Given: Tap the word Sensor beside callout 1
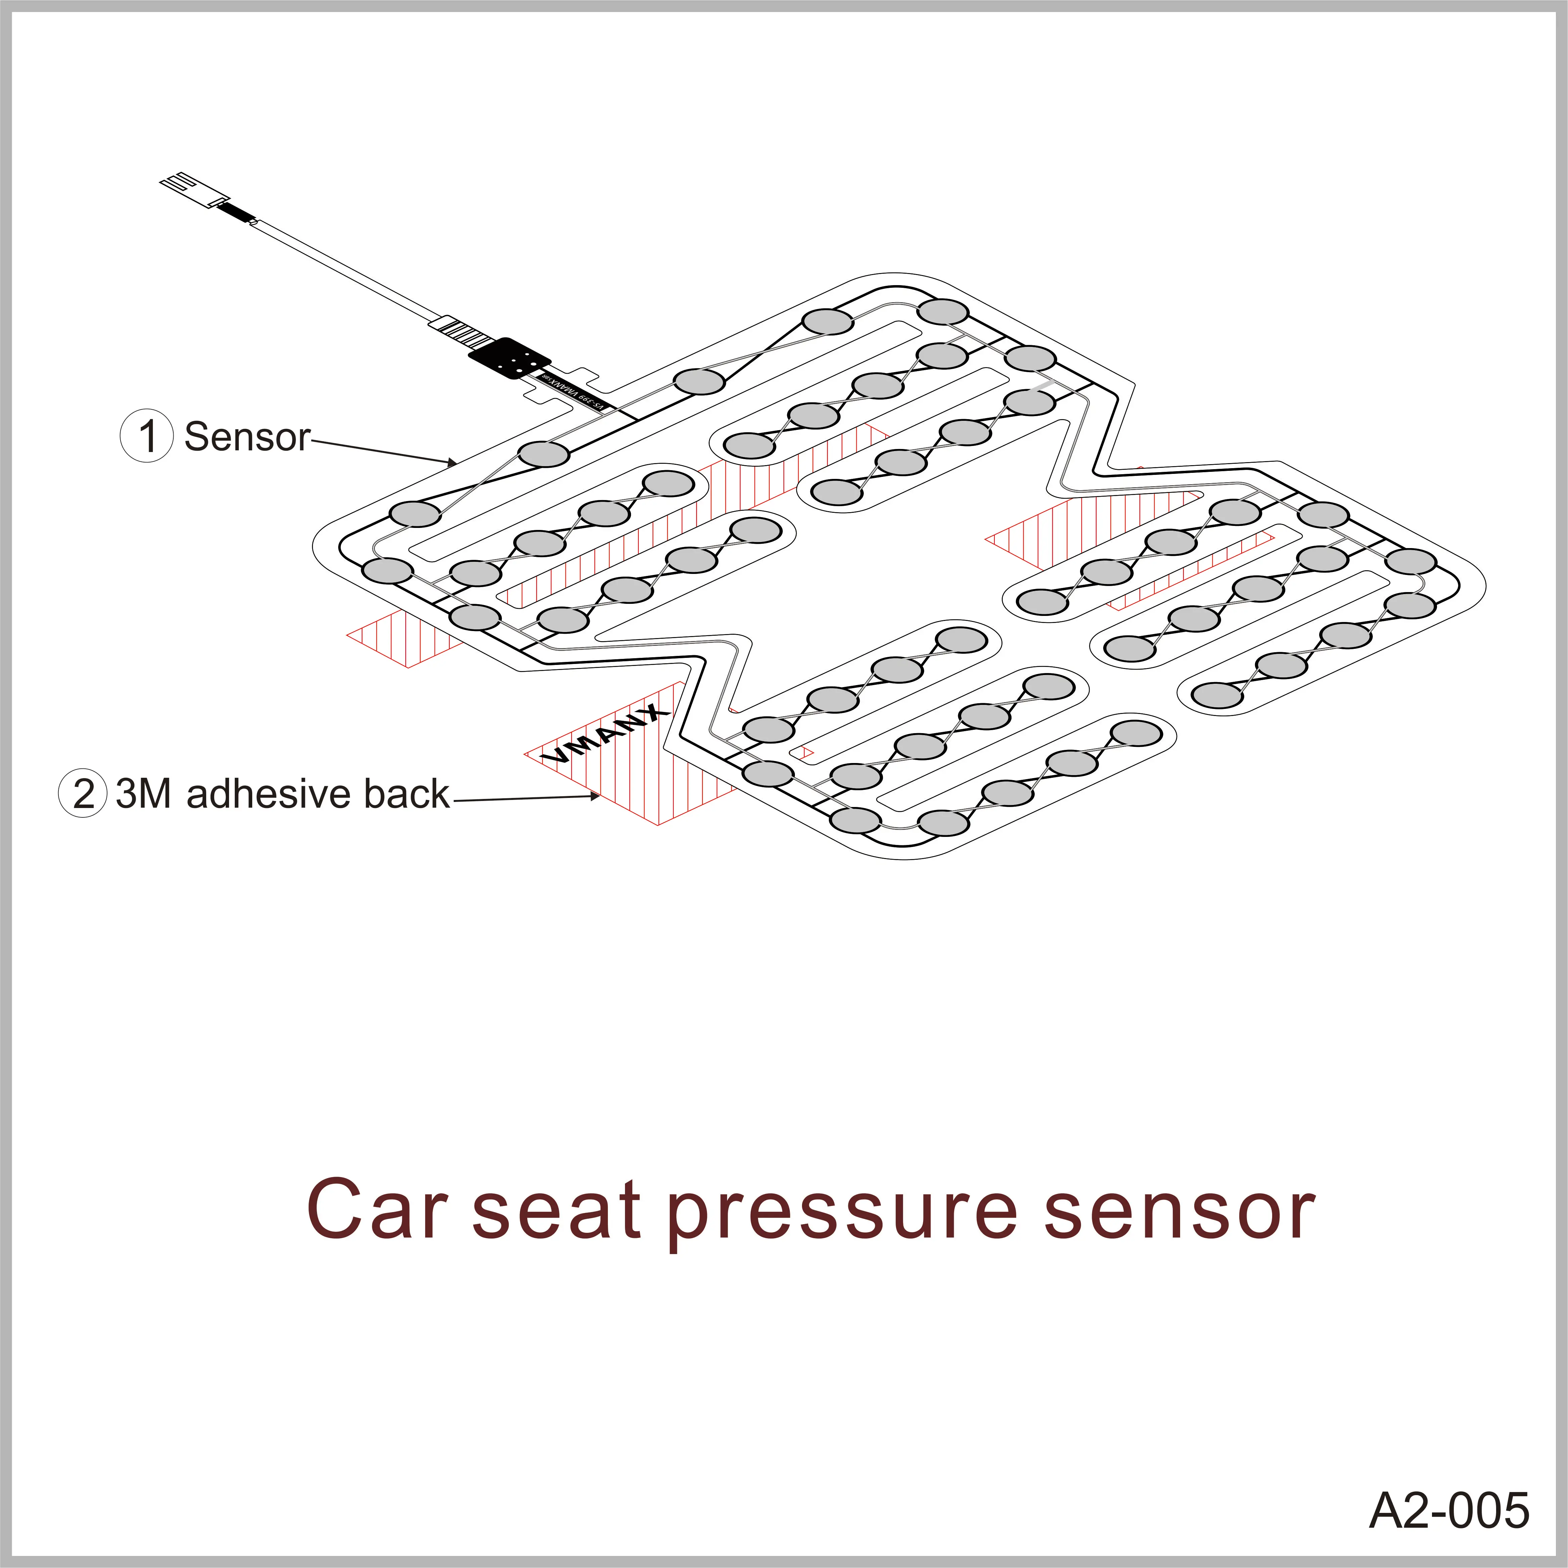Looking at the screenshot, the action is [247, 437].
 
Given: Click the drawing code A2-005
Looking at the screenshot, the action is [1449, 1511].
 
